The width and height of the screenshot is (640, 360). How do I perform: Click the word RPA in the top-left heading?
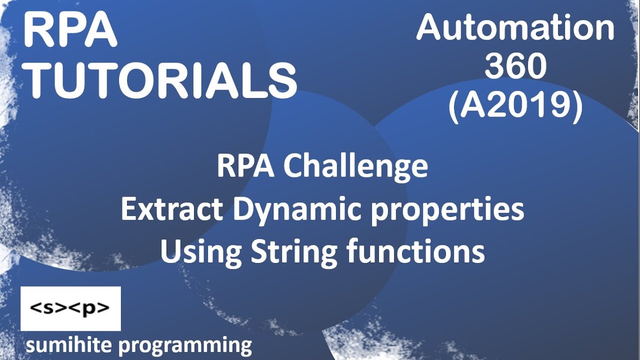pos(70,31)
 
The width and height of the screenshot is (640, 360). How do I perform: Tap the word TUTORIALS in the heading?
pos(161,80)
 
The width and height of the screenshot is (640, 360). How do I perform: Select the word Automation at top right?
pos(515,28)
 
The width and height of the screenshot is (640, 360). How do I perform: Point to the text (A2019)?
pos(515,106)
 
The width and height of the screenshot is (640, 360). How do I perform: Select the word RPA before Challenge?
pos(245,167)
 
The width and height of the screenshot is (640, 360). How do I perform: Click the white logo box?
pos(70,308)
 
